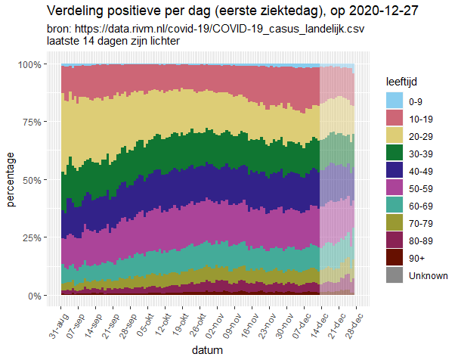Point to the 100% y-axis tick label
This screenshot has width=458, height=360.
coord(39,65)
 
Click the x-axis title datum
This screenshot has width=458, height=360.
coord(206,350)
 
